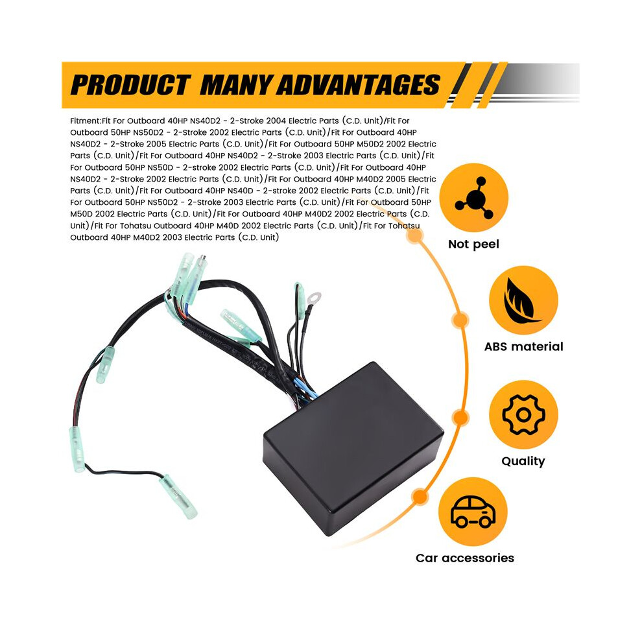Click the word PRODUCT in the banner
coord(130,85)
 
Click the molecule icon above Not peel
coord(474,197)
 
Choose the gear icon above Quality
coord(524,414)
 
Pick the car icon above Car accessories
coord(473,511)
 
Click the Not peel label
coord(474,244)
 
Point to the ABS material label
coord(524,346)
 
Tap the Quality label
coord(523,461)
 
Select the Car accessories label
coord(465,558)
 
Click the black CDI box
coord(353,448)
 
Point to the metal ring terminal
coord(315,297)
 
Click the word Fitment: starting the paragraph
coord(86,121)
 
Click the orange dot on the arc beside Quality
coord(460,418)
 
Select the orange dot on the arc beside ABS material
coord(460,320)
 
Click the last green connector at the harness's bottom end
coord(178,497)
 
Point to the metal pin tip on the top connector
coord(202,259)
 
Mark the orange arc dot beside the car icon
coord(420,497)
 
